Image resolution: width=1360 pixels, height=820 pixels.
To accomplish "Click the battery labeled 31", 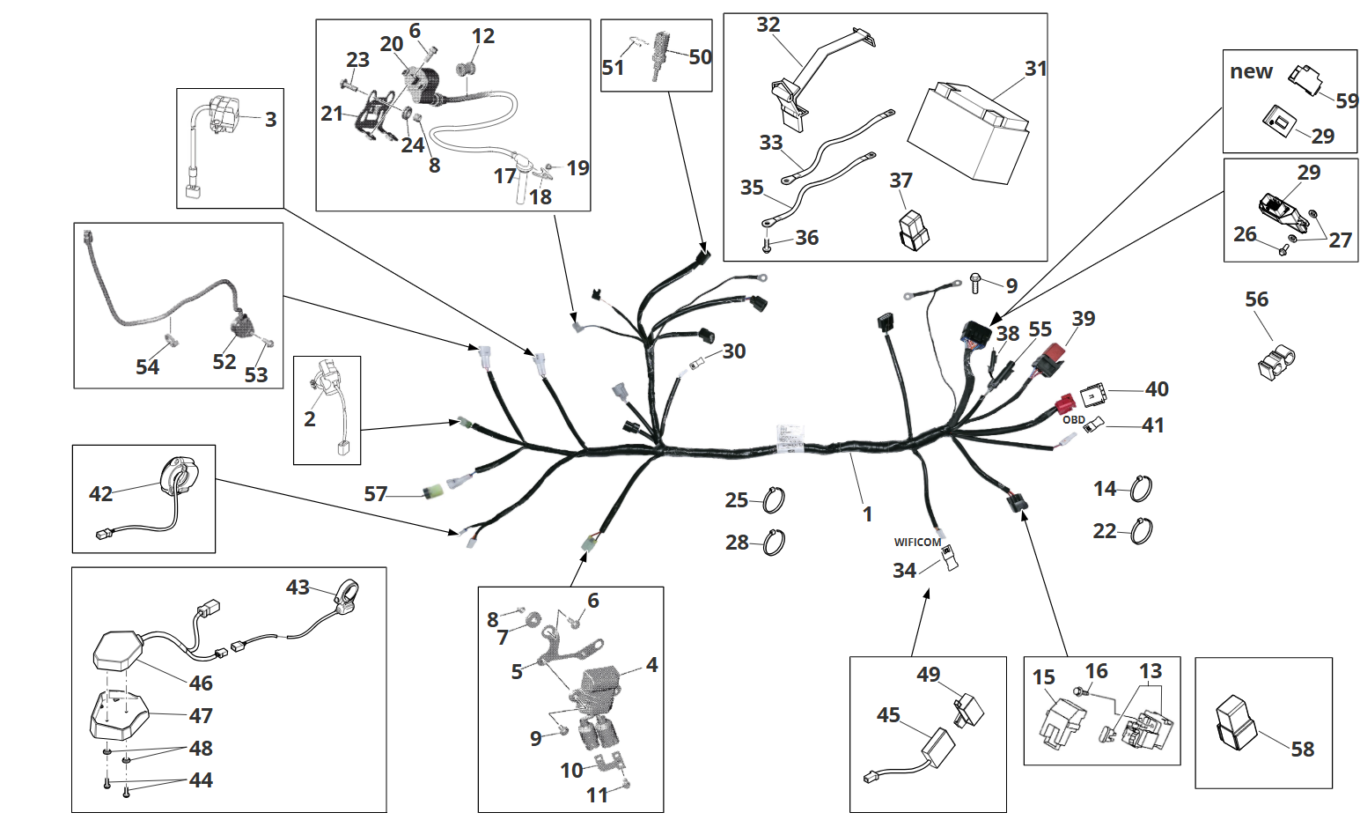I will [x=968, y=132].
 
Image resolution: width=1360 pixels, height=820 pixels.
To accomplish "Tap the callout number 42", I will [x=101, y=493].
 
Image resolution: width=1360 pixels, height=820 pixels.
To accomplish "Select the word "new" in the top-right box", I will [x=1251, y=72].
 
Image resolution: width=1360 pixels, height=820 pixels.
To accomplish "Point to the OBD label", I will [x=1073, y=420].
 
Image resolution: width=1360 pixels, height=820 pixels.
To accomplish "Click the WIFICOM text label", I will [x=917, y=543].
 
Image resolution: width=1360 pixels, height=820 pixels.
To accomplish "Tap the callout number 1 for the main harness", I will [x=867, y=513].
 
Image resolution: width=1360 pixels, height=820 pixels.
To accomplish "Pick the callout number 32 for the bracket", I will [x=768, y=25].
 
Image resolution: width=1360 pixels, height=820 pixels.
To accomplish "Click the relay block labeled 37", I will [x=910, y=228].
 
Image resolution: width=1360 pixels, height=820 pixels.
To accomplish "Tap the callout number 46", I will [x=201, y=683].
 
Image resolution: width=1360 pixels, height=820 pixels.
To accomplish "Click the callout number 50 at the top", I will [x=700, y=57].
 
